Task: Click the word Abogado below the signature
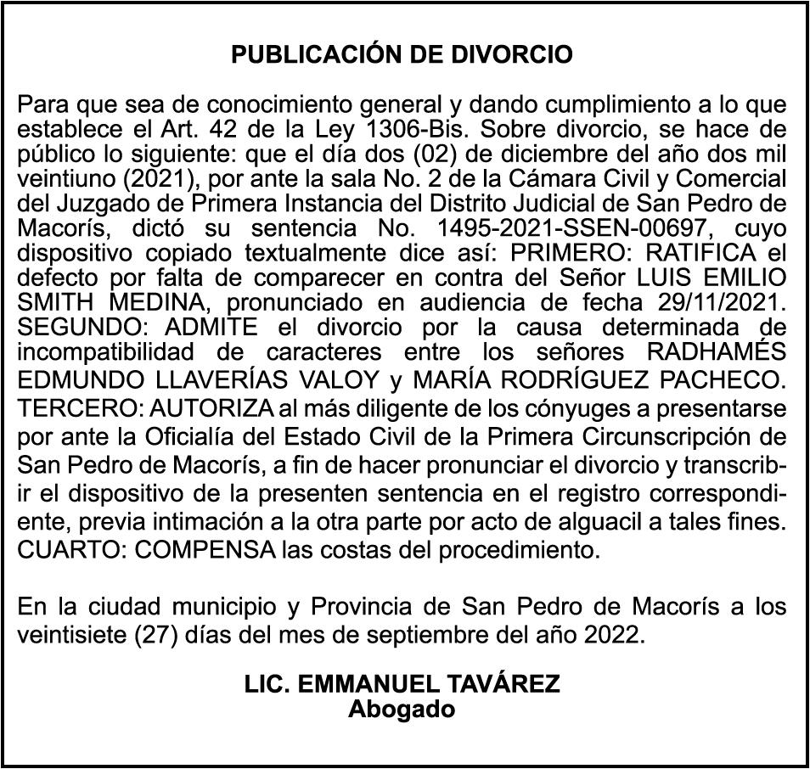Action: pos(402,710)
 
